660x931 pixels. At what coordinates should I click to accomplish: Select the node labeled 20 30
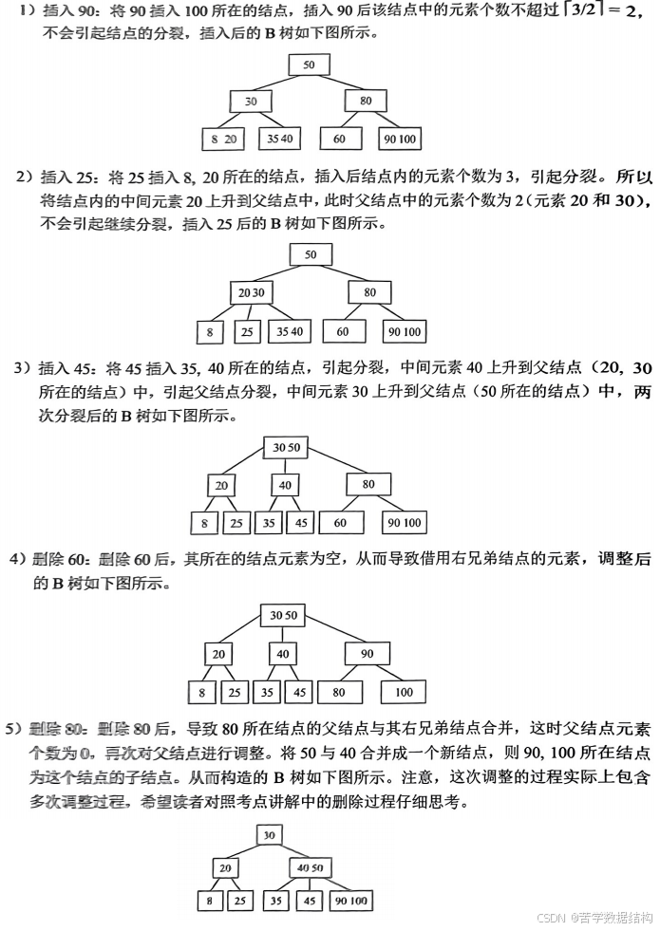[x=252, y=292]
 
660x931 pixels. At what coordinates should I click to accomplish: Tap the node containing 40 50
[x=310, y=867]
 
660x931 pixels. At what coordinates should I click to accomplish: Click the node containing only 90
[x=367, y=654]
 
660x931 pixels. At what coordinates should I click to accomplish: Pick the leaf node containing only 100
[x=404, y=693]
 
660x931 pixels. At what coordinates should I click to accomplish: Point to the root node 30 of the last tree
[x=270, y=835]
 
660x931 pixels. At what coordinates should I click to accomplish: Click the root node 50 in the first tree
[x=310, y=65]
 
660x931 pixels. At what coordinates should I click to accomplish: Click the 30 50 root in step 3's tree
[x=285, y=447]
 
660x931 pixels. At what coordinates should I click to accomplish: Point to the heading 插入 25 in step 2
[x=72, y=177]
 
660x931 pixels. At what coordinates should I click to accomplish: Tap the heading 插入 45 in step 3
[x=72, y=367]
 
